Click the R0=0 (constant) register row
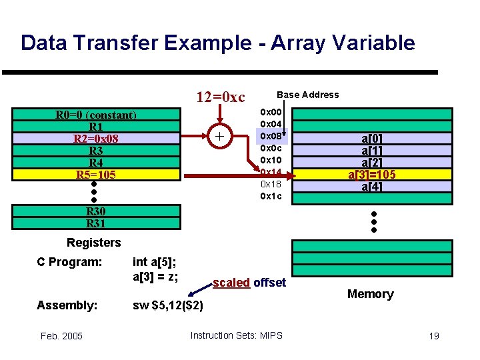pos(96,115)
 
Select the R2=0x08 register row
pos(96,139)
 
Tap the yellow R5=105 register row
pos(96,175)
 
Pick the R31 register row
pos(96,223)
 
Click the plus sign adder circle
pos(219,137)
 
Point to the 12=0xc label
pos(220,97)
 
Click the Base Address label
pos(307,95)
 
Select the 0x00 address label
pos(271,112)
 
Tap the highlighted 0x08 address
pos(271,136)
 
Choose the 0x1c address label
pos(271,196)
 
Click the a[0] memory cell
pos(371,139)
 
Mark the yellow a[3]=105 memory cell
pos(371,175)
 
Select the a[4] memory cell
pos(371,187)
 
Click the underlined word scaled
pos(231,283)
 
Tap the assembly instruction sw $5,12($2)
pos(168,305)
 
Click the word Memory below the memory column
pos(370,294)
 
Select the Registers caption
pos(94,243)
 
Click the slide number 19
pos(433,336)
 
